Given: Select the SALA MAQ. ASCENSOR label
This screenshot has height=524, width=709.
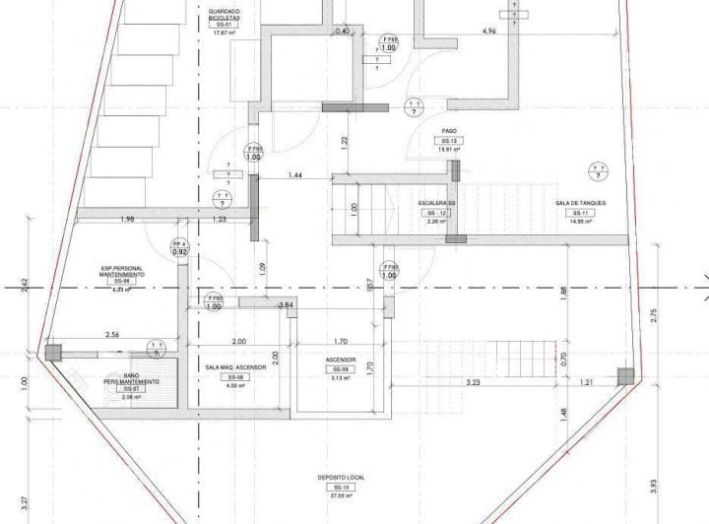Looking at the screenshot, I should [235, 366].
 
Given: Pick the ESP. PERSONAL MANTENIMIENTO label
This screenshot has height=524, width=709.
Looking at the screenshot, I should [123, 271].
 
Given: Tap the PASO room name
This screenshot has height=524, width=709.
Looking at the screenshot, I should [448, 131].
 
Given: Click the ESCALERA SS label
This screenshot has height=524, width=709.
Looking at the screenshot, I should [436, 203].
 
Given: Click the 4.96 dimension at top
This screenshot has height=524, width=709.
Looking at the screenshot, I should [488, 33].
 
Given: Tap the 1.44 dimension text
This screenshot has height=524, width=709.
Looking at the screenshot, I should [294, 175].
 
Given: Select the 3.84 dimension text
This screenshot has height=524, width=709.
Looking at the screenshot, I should [286, 306].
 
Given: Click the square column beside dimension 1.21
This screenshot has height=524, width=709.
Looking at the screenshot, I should [623, 374].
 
